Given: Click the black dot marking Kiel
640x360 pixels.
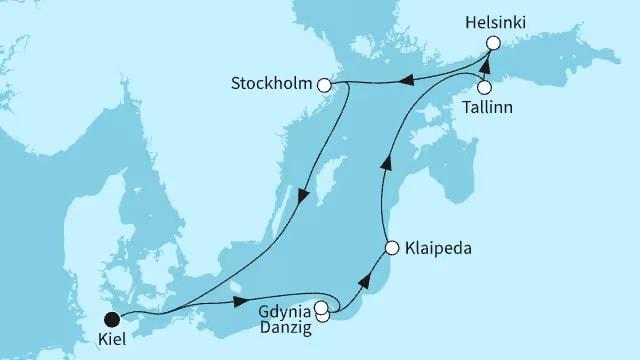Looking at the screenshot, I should pos(112,319).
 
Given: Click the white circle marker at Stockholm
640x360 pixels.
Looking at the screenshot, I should pos(323,86).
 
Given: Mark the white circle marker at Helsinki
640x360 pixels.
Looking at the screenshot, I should pos(492,43).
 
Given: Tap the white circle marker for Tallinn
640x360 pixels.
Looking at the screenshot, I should pos(485,87).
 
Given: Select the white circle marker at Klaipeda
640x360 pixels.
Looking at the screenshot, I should pos(392,246).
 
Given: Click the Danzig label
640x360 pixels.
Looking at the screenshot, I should pos(286,326).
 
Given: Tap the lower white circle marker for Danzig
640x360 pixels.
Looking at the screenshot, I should pos(323,317).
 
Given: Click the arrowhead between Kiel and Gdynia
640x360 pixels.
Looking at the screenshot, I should pos(240,301).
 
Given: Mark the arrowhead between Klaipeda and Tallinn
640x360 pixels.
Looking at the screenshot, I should pos(383,164).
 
